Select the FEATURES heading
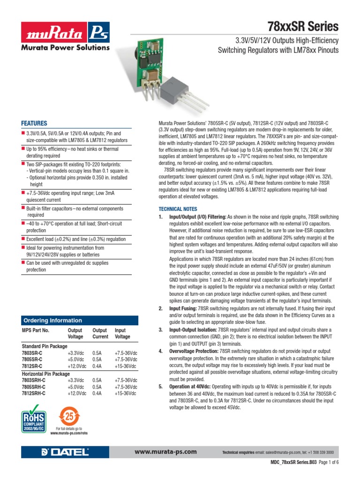(34, 123)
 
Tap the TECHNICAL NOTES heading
(178, 209)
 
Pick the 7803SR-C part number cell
(32, 352)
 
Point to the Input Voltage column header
(123, 333)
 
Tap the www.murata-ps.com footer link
(165, 452)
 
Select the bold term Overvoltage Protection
(194, 351)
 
